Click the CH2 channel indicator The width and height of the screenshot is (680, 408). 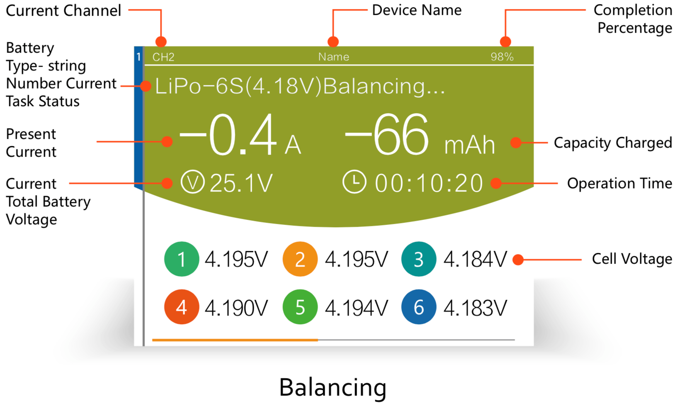(163, 57)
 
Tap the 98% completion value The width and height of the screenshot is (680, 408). (502, 57)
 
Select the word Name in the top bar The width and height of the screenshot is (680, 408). (334, 57)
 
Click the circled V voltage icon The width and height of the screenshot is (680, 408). (193, 182)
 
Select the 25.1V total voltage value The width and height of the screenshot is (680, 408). (241, 183)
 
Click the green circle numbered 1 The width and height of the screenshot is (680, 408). (182, 259)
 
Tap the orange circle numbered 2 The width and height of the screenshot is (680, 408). (300, 259)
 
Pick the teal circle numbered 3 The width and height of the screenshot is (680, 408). (419, 259)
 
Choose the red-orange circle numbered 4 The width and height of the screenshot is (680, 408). (182, 307)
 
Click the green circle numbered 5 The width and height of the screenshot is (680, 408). (300, 307)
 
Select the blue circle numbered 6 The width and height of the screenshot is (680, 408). (419, 307)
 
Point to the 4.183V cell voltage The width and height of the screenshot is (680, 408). (475, 308)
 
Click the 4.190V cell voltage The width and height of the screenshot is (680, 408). (236, 308)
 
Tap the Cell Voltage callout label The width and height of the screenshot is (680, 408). (632, 259)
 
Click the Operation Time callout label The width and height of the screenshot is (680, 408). (619, 183)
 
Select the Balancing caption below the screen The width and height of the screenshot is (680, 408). (333, 387)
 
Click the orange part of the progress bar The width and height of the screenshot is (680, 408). (235, 340)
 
